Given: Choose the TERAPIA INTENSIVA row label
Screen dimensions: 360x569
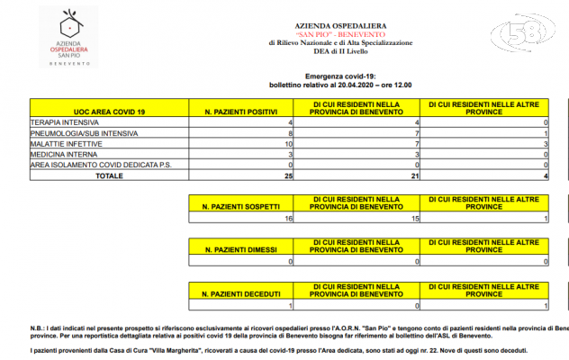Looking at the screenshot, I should point(66,121).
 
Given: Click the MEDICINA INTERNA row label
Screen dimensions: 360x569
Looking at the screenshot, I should point(63,155).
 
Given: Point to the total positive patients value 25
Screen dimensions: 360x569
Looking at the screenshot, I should point(288,176).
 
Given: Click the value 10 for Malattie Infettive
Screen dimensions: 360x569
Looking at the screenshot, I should point(288,143).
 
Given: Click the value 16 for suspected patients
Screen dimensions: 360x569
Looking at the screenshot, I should point(288,218).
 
